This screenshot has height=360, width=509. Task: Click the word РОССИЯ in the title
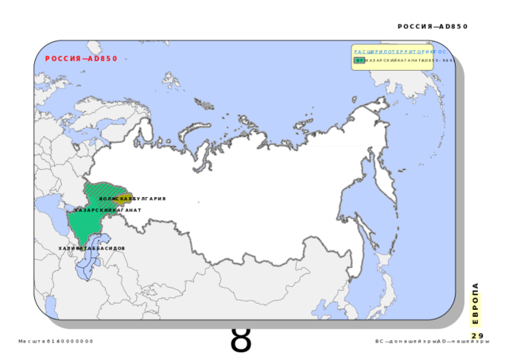pos(63,59)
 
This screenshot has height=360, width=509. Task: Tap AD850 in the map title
pos(103,59)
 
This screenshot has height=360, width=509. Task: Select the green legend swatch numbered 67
pos(359,60)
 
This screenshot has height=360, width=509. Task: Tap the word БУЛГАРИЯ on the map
pos(148,199)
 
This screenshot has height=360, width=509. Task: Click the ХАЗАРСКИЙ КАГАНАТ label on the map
pos(108,211)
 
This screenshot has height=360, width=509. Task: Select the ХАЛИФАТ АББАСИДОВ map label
pos(91,249)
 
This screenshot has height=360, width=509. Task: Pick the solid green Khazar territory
pos(84,226)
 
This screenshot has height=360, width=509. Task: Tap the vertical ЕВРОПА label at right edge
pos(474,310)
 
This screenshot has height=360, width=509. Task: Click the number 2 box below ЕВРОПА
pos(474,336)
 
